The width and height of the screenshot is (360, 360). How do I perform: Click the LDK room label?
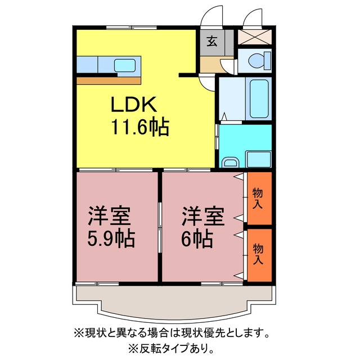(134, 104)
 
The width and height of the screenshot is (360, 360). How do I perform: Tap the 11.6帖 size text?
(140, 128)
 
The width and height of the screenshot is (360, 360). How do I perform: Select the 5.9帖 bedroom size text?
(111, 238)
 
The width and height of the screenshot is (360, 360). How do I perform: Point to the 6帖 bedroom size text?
(197, 238)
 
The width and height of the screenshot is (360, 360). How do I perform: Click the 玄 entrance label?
(212, 41)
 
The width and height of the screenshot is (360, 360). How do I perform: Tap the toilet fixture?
(260, 61)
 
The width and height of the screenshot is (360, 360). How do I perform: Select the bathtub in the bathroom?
(259, 98)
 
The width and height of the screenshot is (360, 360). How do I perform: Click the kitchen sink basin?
(125, 65)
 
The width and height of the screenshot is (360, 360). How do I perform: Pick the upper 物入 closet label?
(258, 199)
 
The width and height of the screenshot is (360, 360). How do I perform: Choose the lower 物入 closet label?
(258, 254)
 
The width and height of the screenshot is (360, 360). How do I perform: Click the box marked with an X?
(255, 37)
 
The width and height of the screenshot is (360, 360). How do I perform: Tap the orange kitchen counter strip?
(109, 81)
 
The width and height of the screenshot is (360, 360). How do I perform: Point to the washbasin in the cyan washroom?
(230, 163)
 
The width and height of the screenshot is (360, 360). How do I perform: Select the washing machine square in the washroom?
(259, 159)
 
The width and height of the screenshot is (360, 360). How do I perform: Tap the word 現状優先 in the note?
(203, 332)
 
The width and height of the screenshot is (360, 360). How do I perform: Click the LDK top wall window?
(132, 28)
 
